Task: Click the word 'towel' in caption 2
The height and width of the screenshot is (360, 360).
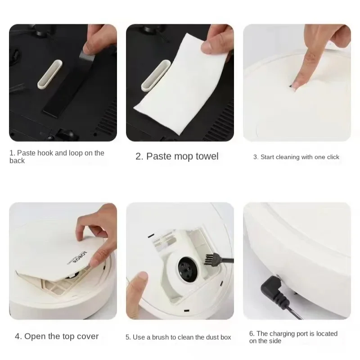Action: (x=204, y=157)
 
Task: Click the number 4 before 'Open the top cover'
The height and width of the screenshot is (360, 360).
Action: (x=18, y=337)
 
